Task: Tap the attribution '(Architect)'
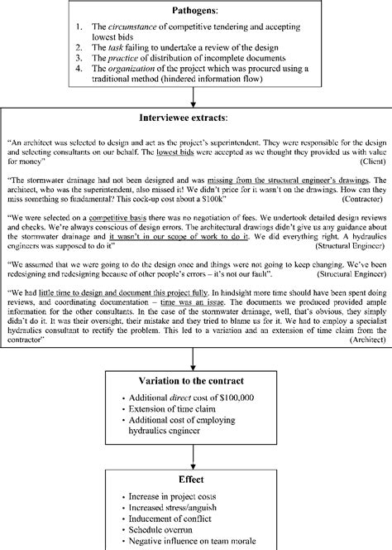pos(362,340)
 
